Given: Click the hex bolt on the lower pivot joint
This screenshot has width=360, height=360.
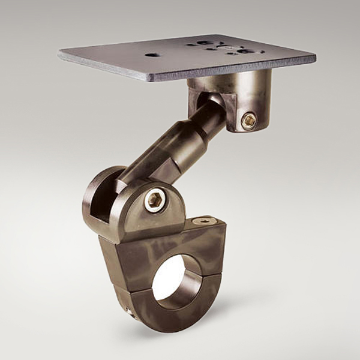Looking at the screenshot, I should (155, 200).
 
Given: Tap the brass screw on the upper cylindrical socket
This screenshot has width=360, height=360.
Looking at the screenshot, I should (248, 121).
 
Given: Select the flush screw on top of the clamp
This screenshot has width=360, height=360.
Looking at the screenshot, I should (204, 221).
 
